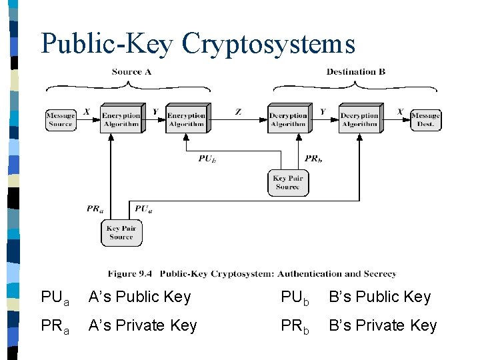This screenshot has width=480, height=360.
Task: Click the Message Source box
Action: tap(60, 120)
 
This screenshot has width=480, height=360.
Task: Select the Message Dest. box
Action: tap(425, 120)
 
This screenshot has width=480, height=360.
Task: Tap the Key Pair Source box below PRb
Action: tap(287, 182)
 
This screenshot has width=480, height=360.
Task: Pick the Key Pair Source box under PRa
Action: tap(121, 233)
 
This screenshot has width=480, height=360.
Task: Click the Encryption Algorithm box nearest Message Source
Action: tap(121, 119)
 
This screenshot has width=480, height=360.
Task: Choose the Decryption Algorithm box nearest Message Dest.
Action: tap(359, 119)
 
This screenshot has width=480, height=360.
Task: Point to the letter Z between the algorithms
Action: tap(238, 112)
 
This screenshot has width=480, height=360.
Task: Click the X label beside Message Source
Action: tap(87, 111)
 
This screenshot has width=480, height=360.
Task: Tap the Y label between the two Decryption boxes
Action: tap(323, 111)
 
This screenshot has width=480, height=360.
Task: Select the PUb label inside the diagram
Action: tap(207, 159)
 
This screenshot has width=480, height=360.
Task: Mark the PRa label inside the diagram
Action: tap(95, 209)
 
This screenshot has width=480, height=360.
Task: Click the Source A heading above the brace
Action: tap(131, 72)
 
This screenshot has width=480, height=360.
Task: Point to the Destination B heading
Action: tap(355, 72)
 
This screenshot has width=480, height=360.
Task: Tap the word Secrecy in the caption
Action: tap(380, 274)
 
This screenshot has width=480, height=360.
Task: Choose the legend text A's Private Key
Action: tap(143, 325)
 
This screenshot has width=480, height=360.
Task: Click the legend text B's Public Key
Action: tap(379, 297)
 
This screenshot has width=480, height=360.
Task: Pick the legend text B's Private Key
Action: tap(383, 325)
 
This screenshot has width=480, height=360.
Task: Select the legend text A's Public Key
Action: tap(139, 297)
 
